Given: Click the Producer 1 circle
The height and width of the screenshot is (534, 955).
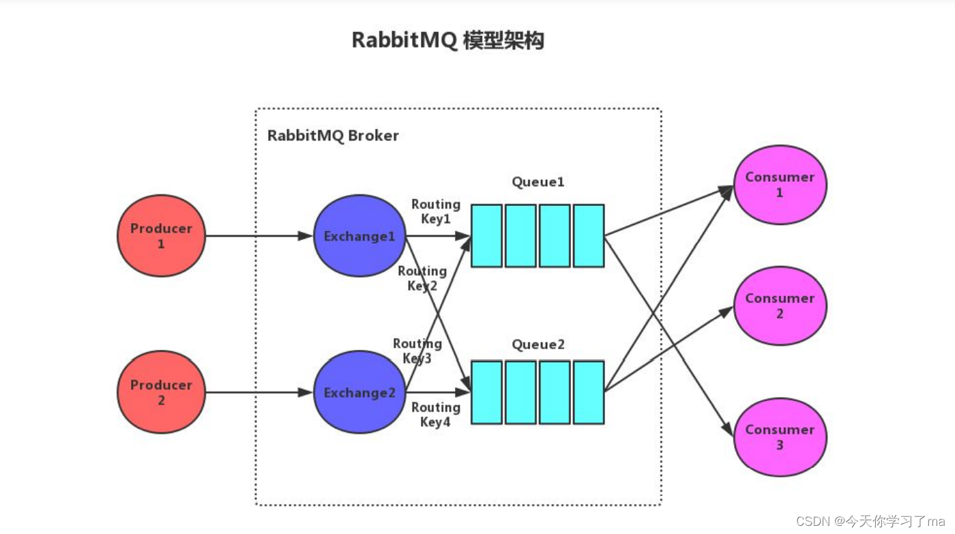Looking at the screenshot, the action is (x=161, y=236).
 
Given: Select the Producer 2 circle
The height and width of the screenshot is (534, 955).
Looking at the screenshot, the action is (x=161, y=392).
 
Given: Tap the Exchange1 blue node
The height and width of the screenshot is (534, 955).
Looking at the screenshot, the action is (x=359, y=236).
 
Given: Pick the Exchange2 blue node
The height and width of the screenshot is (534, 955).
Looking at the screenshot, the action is (x=359, y=392).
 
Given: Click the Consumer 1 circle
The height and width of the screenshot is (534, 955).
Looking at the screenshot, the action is (x=780, y=185).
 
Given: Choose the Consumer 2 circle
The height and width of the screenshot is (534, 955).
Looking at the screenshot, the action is (x=780, y=306).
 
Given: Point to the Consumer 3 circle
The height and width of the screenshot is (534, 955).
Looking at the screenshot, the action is (x=780, y=437).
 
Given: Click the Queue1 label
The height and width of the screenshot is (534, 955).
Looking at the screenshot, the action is (x=538, y=182).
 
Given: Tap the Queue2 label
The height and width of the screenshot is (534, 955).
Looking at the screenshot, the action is (x=538, y=344).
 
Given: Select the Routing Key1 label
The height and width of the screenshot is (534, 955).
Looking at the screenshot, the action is (x=436, y=211).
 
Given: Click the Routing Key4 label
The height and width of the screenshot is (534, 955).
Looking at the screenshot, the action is (x=436, y=415).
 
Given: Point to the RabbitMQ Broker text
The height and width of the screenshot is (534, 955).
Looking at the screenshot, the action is (x=333, y=136).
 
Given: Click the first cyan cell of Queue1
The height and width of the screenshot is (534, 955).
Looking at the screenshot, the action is (x=486, y=236).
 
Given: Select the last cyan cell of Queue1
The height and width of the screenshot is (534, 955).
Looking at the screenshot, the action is (x=589, y=236).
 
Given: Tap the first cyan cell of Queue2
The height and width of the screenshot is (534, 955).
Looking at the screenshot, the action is (x=486, y=392).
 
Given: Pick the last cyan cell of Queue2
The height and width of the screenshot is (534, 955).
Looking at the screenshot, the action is (x=589, y=392).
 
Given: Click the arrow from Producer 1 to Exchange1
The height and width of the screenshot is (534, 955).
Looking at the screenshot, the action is (x=259, y=236).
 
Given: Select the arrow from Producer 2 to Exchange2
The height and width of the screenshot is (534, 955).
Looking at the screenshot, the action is (x=259, y=392).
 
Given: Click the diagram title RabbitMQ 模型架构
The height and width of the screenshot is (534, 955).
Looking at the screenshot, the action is (x=447, y=40).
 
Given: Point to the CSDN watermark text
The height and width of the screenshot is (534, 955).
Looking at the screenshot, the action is (x=870, y=521).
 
